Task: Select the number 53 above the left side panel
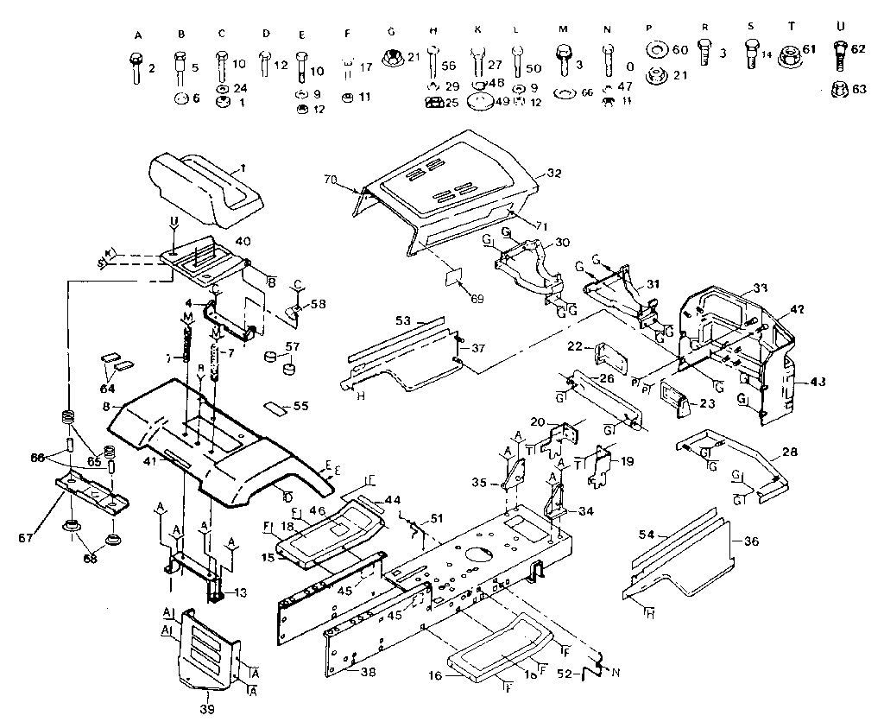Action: (402, 320)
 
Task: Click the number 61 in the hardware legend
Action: (809, 49)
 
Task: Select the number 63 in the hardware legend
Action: (860, 88)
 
